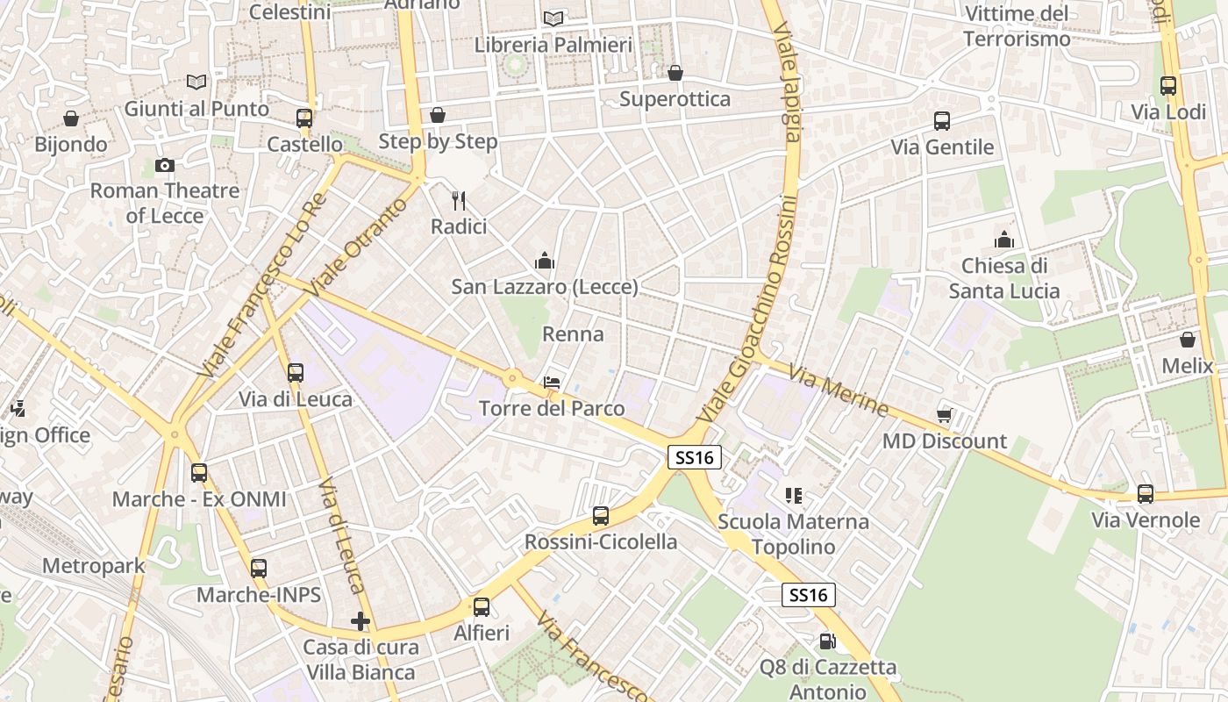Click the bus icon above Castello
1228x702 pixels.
[304, 118]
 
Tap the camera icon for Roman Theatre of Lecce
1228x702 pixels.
[164, 165]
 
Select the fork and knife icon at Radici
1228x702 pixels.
[459, 201]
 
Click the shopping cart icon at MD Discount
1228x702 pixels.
[945, 415]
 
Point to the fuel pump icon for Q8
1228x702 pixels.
[827, 641]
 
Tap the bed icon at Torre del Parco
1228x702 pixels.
[552, 383]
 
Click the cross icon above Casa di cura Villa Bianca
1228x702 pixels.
[360, 621]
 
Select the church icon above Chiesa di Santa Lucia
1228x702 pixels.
[1003, 240]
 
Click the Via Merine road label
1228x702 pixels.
[838, 390]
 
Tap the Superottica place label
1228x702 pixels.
[675, 98]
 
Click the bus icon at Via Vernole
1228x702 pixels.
[1146, 494]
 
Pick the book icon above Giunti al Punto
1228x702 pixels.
[197, 82]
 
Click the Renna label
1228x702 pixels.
[573, 334]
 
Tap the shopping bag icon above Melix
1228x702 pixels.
[1188, 340]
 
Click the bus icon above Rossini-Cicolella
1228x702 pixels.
[601, 516]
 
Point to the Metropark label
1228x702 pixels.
[94, 566]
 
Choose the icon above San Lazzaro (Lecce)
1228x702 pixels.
[545, 261]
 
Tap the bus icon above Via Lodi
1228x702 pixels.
[1168, 86]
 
